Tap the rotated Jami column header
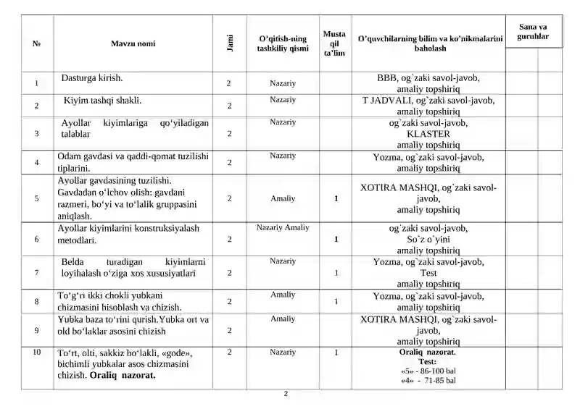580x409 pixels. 228,43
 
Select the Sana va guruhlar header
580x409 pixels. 533,31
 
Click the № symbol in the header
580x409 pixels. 37,43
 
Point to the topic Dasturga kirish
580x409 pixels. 92,77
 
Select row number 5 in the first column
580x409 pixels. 36,198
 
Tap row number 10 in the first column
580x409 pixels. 36,353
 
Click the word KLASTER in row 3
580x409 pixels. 428,134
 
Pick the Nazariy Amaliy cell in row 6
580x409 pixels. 283,227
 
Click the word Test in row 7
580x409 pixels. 428,274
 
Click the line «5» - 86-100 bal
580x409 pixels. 428,371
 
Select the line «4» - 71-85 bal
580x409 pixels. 428,380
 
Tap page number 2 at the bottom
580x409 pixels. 286,395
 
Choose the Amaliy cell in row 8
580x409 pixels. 283,295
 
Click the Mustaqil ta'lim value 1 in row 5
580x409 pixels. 336,198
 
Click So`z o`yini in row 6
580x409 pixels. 428,239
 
